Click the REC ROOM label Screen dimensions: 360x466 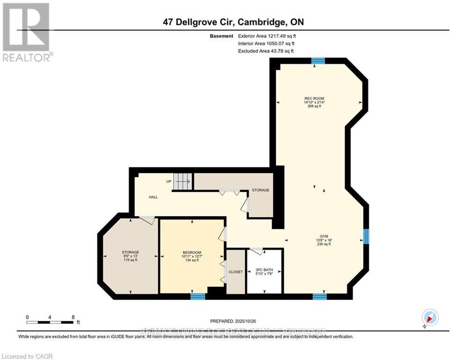[314, 98]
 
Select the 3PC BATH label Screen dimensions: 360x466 [264, 270]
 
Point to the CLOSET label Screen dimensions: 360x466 [236, 272]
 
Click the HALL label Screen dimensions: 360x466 [153, 197]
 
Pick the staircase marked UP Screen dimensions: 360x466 [183, 181]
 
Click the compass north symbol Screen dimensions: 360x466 [429, 317]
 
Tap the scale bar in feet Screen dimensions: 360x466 [51, 322]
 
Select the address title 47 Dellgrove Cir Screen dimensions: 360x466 [233, 22]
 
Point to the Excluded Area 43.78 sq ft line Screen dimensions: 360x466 [266, 51]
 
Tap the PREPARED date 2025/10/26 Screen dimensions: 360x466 [234, 321]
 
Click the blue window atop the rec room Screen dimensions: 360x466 [318, 60]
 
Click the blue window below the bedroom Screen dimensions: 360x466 [198, 296]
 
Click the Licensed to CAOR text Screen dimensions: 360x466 [28, 356]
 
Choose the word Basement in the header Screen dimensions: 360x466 [222, 36]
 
